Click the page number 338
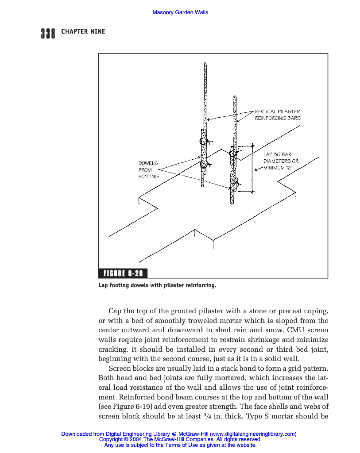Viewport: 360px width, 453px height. [48, 33]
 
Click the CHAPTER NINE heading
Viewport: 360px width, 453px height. [83, 31]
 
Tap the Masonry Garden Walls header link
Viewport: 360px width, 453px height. [180, 12]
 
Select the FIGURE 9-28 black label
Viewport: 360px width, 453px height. [123, 273]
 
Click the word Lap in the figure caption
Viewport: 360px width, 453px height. [103, 285]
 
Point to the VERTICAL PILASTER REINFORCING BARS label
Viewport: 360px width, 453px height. [277, 115]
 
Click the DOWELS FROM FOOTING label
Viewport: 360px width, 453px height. [148, 170]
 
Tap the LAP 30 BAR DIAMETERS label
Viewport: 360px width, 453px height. [281, 158]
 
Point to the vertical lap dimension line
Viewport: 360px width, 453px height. [252, 168]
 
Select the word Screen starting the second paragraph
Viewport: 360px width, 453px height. [119, 368]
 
